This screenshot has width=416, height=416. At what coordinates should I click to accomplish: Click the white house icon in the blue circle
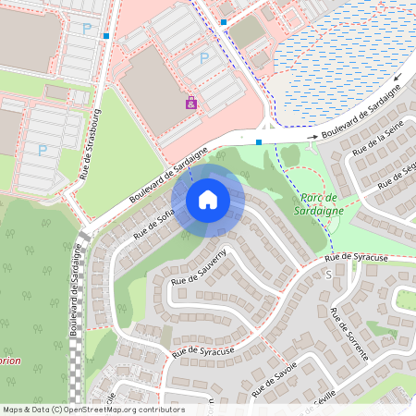[208, 200]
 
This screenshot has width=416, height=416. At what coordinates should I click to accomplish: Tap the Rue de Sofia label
[153, 224]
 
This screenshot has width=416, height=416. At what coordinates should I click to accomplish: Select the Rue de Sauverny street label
[198, 266]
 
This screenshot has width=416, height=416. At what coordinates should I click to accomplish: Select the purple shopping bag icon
[191, 103]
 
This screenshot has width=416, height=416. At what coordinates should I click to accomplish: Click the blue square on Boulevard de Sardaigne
[259, 142]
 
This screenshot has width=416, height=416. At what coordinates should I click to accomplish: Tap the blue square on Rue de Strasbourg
[106, 36]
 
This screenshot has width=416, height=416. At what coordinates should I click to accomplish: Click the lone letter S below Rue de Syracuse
[327, 275]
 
